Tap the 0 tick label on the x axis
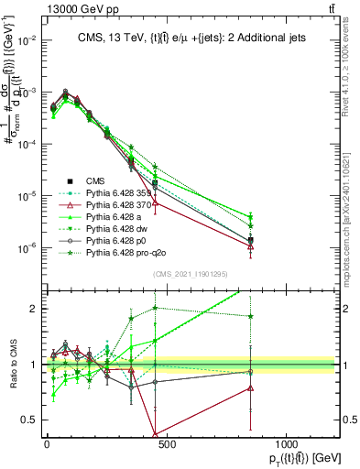47,446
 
